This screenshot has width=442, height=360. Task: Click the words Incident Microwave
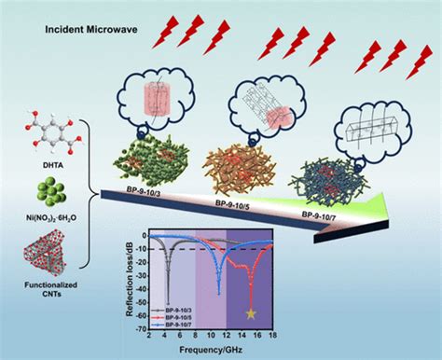click(87, 30)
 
